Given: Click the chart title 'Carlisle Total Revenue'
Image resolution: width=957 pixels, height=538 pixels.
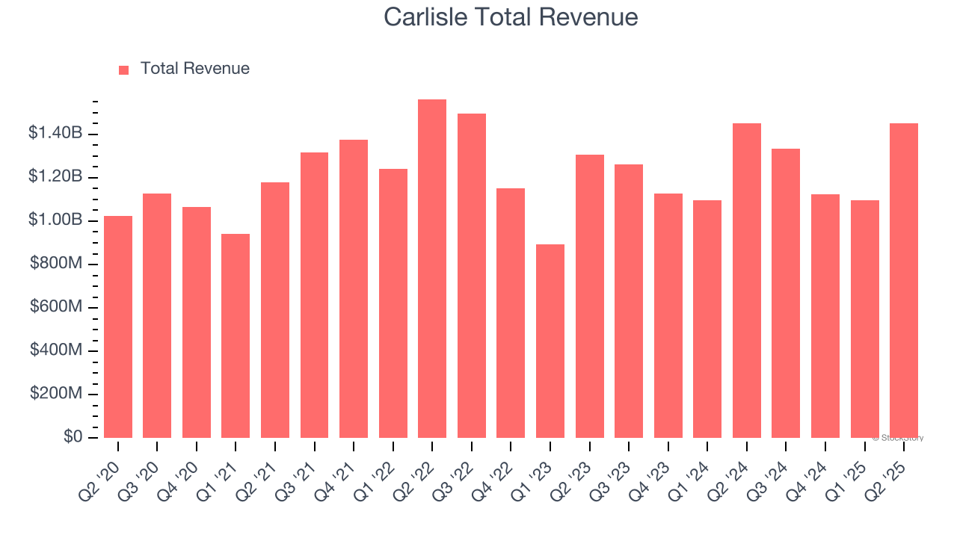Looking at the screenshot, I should [511, 17].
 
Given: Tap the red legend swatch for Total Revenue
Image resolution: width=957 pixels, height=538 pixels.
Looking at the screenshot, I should [124, 69].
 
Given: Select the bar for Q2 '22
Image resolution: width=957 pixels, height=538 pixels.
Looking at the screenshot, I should [432, 269].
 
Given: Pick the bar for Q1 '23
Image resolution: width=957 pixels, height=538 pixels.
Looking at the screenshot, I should [550, 341].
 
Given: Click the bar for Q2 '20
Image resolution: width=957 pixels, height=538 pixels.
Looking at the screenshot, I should [118, 327].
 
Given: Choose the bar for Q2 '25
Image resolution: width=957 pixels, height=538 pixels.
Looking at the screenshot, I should [904, 280].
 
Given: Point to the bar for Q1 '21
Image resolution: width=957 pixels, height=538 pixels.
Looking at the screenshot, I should [236, 336].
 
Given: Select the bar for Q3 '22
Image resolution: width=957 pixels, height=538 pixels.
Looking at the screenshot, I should [472, 276].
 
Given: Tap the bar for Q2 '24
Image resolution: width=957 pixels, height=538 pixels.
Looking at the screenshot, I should [747, 280].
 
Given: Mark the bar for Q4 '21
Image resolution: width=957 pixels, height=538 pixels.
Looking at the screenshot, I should [354, 288].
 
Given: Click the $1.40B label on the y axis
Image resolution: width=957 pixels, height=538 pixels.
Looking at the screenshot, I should [55, 134].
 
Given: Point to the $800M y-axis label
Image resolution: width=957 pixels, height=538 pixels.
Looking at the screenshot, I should [57, 264].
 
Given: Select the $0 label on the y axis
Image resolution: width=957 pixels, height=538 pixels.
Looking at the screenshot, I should [72, 437].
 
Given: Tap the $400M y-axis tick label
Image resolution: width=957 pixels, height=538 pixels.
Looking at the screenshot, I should [57, 350].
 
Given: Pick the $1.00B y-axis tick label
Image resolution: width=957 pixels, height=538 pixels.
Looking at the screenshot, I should [55, 220].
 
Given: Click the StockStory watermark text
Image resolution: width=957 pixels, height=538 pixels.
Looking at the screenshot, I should [898, 439].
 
